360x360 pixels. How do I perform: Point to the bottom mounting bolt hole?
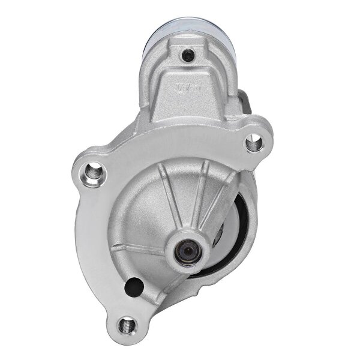(126, 325)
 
